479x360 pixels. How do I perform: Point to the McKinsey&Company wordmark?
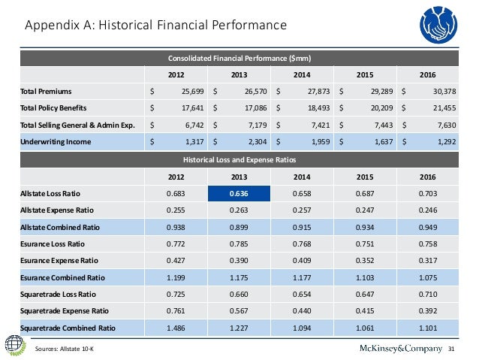389,347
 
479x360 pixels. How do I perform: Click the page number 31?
452,348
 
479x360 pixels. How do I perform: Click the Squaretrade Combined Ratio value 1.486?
176,328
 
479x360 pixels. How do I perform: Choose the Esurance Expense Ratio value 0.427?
176,260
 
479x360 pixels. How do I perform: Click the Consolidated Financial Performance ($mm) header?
239,58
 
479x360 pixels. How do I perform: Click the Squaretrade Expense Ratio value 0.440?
302,310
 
